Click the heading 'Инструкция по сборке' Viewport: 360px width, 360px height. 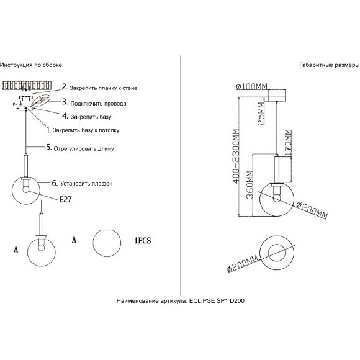click(x=31, y=65)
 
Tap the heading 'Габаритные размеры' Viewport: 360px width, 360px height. click(x=330, y=65)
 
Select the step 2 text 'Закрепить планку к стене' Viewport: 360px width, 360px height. click(x=104, y=88)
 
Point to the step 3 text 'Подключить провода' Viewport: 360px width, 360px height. click(x=98, y=104)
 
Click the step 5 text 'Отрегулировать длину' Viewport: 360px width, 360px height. click(x=84, y=149)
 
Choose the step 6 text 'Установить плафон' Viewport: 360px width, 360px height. click(x=86, y=184)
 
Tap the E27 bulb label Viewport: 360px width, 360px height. click(x=66, y=199)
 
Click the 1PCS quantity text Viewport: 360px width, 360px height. click(x=143, y=240)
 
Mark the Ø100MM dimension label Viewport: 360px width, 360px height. click(x=252, y=86)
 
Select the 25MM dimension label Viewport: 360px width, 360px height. click(x=261, y=114)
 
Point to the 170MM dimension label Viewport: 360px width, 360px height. click(x=288, y=143)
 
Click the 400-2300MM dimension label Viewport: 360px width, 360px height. click(x=236, y=156)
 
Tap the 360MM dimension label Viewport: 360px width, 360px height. click(x=250, y=184)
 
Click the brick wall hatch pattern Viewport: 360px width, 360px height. click(x=27, y=86)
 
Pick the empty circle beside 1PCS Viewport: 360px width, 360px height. click(x=107, y=243)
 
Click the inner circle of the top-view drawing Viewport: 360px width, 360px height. click(x=277, y=253)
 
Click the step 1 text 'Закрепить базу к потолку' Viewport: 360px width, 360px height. click(x=86, y=130)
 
